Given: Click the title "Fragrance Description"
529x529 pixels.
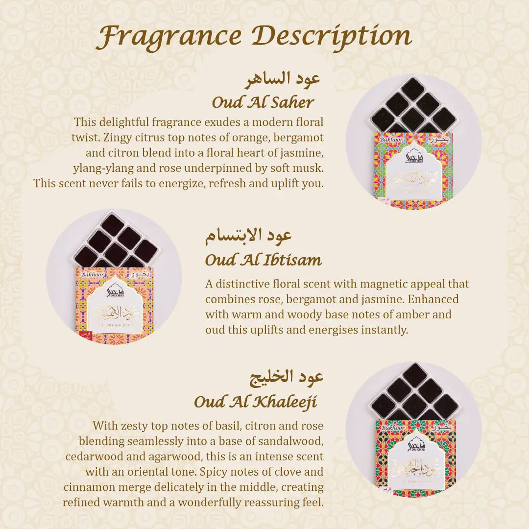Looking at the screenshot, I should (254, 36).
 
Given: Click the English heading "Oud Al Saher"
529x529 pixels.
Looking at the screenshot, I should (263, 102).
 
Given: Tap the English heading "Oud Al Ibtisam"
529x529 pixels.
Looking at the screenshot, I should (264, 260).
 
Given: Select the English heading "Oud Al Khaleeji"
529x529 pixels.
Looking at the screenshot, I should (255, 402).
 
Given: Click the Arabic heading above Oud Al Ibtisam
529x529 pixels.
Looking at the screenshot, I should (248, 236).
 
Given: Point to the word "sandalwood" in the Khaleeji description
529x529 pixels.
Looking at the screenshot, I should (295, 441).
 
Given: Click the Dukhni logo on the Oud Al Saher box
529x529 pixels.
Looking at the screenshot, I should (413, 156).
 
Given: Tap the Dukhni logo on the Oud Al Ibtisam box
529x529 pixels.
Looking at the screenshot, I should (115, 290).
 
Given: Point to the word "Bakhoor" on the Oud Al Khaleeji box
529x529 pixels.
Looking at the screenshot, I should (393, 428).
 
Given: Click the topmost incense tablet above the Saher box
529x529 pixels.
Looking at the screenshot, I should (413, 88).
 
